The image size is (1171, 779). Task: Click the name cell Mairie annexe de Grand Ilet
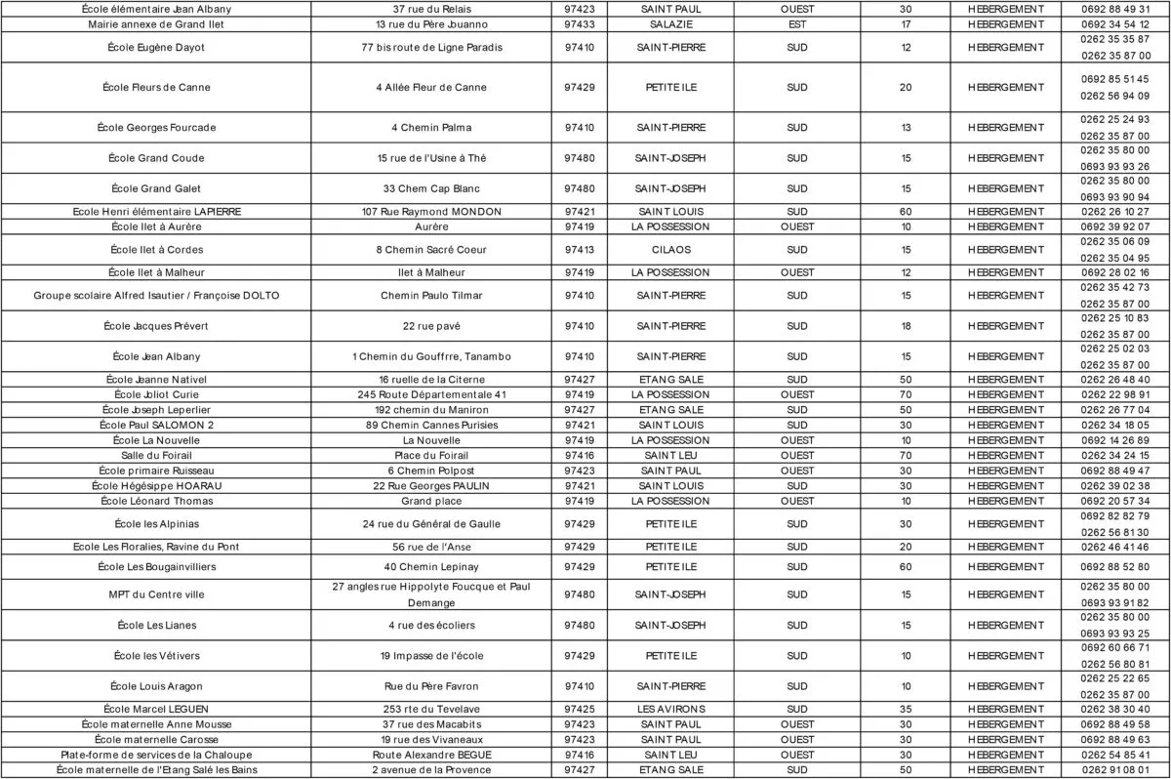pyautogui.click(x=156, y=24)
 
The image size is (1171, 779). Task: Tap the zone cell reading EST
pyautogui.click(x=797, y=24)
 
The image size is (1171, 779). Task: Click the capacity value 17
pyautogui.click(x=906, y=24)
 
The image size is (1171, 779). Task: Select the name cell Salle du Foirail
pyautogui.click(x=156, y=455)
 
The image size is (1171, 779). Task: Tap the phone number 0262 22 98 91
pyautogui.click(x=1114, y=394)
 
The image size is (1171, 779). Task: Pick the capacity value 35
pyautogui.click(x=906, y=709)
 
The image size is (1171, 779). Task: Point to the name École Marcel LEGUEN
pyautogui.click(x=156, y=709)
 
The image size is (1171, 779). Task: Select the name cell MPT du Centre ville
pyautogui.click(x=156, y=594)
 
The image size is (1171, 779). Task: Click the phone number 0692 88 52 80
pyautogui.click(x=1114, y=566)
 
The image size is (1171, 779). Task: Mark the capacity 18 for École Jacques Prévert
pyautogui.click(x=906, y=325)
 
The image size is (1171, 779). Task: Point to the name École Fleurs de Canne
pyautogui.click(x=156, y=87)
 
